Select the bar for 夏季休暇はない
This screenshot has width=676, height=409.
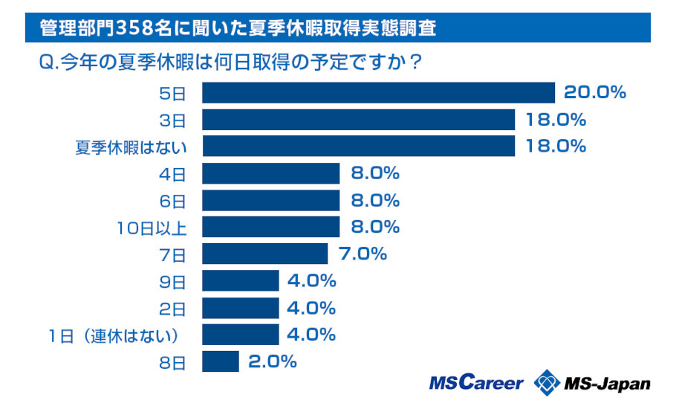[359, 146]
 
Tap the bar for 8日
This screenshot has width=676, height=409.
[221, 362]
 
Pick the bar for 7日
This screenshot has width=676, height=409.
[265, 254]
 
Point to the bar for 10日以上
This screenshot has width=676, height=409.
[271, 227]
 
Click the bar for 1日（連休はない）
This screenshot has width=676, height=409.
[241, 335]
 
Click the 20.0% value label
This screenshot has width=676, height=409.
[595, 93]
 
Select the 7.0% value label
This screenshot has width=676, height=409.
[363, 254]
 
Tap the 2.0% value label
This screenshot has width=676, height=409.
[273, 362]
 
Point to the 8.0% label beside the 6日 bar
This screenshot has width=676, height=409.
[375, 200]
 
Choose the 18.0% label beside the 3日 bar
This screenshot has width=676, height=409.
[555, 120]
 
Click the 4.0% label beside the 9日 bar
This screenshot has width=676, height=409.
[313, 281]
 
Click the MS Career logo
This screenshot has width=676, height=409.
[475, 383]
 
